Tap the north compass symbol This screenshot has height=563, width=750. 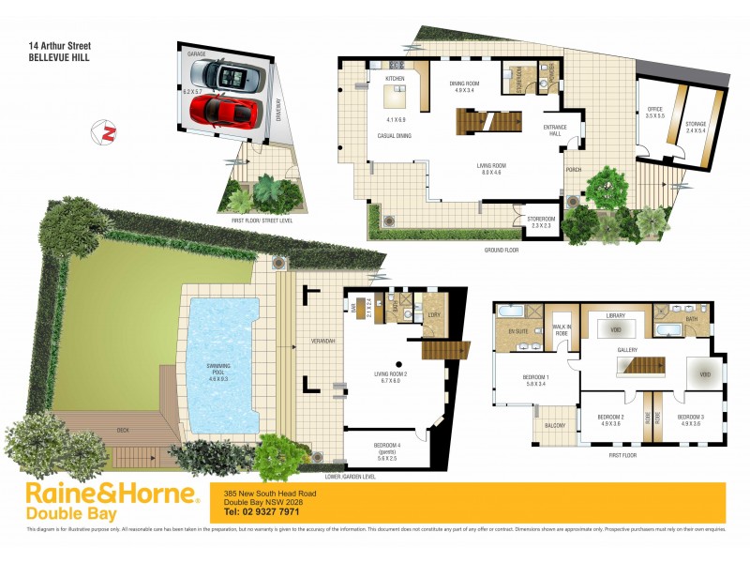pos(108,132)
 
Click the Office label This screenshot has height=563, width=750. pos(654,112)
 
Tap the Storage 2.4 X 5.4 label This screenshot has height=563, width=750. pos(695,128)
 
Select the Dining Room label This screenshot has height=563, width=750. pos(467,85)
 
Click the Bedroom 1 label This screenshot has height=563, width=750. pos(542,381)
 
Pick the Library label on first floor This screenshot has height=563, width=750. pos(615,316)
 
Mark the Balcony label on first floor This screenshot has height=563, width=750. pos(556,425)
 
